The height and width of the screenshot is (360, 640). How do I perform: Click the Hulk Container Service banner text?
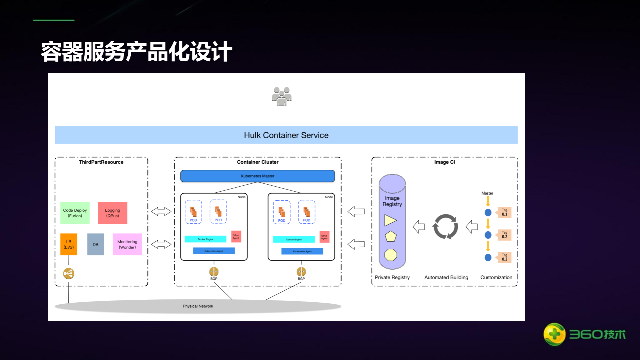[286, 135]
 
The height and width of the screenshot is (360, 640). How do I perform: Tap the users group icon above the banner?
[282, 96]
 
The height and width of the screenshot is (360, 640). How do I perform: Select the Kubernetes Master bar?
[257, 176]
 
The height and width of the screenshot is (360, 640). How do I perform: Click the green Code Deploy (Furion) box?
[75, 213]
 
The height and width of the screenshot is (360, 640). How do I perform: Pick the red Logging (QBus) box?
[113, 213]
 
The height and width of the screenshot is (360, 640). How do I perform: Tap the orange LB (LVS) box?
[69, 244]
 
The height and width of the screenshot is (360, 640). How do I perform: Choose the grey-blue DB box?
[95, 244]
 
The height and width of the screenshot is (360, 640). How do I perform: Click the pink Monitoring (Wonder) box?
[127, 244]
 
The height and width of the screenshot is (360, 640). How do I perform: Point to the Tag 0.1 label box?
[504, 212]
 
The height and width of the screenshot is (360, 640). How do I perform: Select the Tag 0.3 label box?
[504, 257]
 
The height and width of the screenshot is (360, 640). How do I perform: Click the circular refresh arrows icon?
[445, 227]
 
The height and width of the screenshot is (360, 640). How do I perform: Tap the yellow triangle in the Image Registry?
[390, 220]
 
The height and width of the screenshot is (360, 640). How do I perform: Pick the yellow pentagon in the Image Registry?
[391, 236]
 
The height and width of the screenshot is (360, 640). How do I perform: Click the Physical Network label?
[198, 306]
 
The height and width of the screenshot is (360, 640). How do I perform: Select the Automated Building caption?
[446, 277]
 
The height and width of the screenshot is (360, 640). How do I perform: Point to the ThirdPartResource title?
[101, 162]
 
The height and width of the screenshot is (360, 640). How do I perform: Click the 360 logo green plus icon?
[554, 334]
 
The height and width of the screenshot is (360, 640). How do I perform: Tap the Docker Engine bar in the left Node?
[205, 239]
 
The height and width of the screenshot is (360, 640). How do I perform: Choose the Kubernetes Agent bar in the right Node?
[302, 251]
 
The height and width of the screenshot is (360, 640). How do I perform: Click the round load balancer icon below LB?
[69, 274]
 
